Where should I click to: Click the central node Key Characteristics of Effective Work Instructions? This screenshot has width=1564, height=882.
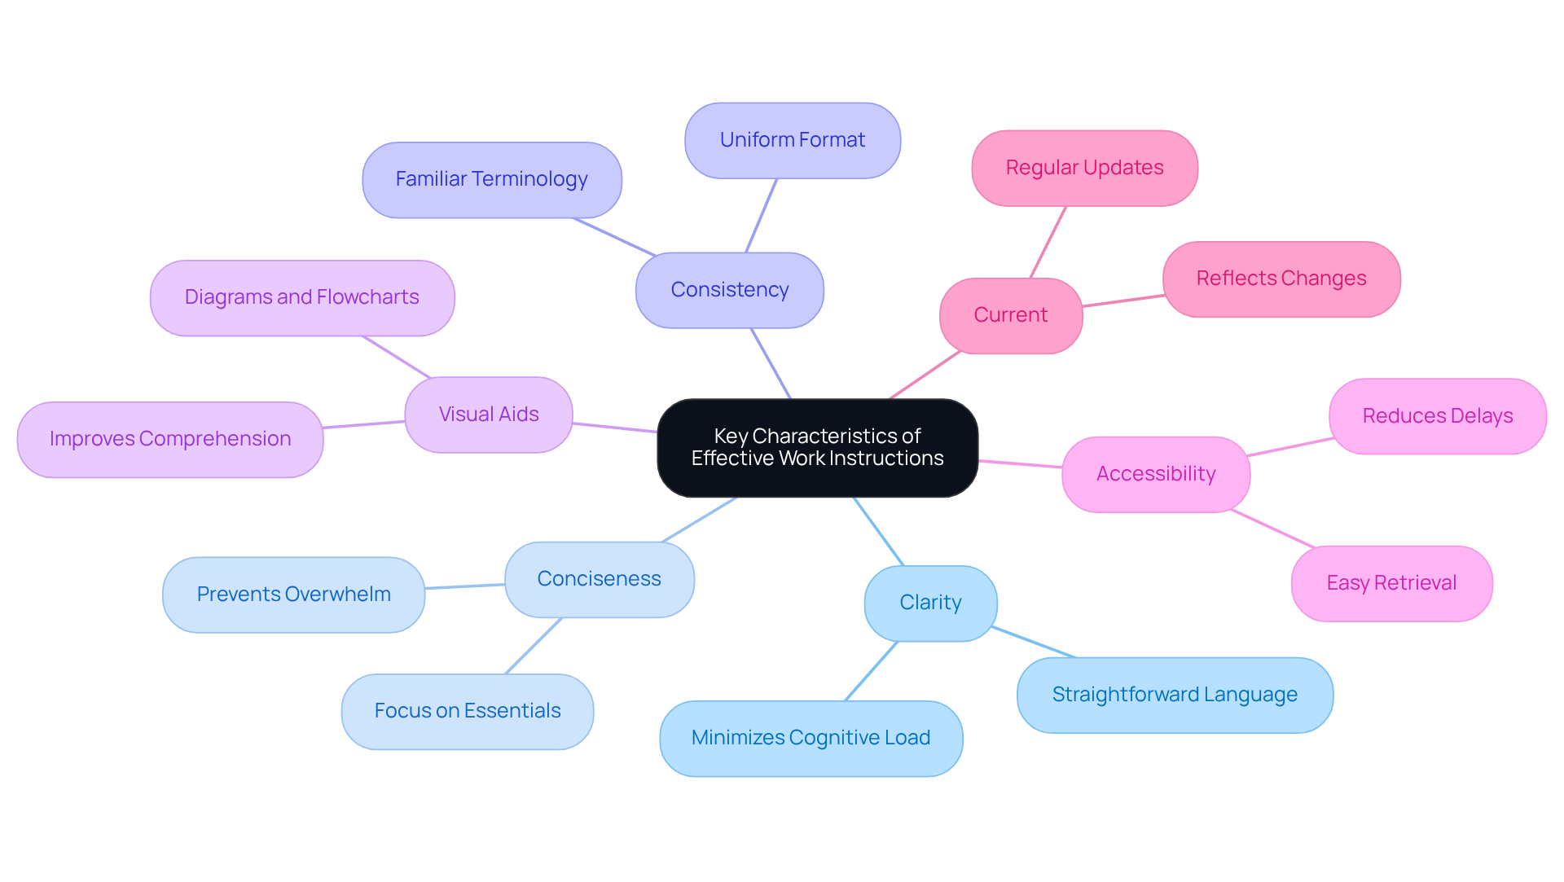click(817, 447)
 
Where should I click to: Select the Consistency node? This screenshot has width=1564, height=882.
click(729, 290)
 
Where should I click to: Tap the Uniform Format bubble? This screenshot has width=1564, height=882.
click(792, 140)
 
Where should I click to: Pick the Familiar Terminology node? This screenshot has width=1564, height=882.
click(491, 179)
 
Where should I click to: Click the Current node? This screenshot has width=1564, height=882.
click(1010, 315)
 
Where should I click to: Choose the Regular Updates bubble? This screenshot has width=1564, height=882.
click(1084, 168)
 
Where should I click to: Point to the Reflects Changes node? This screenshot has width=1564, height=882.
click(1281, 279)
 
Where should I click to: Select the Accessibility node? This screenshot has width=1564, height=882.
click(1155, 474)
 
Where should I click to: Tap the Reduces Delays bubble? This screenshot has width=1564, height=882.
click(1437, 416)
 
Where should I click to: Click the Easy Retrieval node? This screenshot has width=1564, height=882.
click(1391, 583)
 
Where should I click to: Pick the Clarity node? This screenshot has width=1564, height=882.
click(930, 603)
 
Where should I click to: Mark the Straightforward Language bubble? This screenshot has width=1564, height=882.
click(1174, 695)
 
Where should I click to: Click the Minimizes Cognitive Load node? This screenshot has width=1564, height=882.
click(811, 738)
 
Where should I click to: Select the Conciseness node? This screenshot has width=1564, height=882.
click(599, 579)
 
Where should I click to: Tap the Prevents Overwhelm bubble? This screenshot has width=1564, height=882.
click(293, 595)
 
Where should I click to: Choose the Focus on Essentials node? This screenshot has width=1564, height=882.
click(467, 711)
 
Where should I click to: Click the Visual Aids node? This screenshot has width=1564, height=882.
click(488, 415)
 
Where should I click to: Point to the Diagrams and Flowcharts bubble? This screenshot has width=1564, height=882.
click(301, 297)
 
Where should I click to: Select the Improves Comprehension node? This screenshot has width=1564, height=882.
click(169, 439)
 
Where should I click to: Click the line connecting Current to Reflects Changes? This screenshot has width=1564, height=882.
click(1122, 301)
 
